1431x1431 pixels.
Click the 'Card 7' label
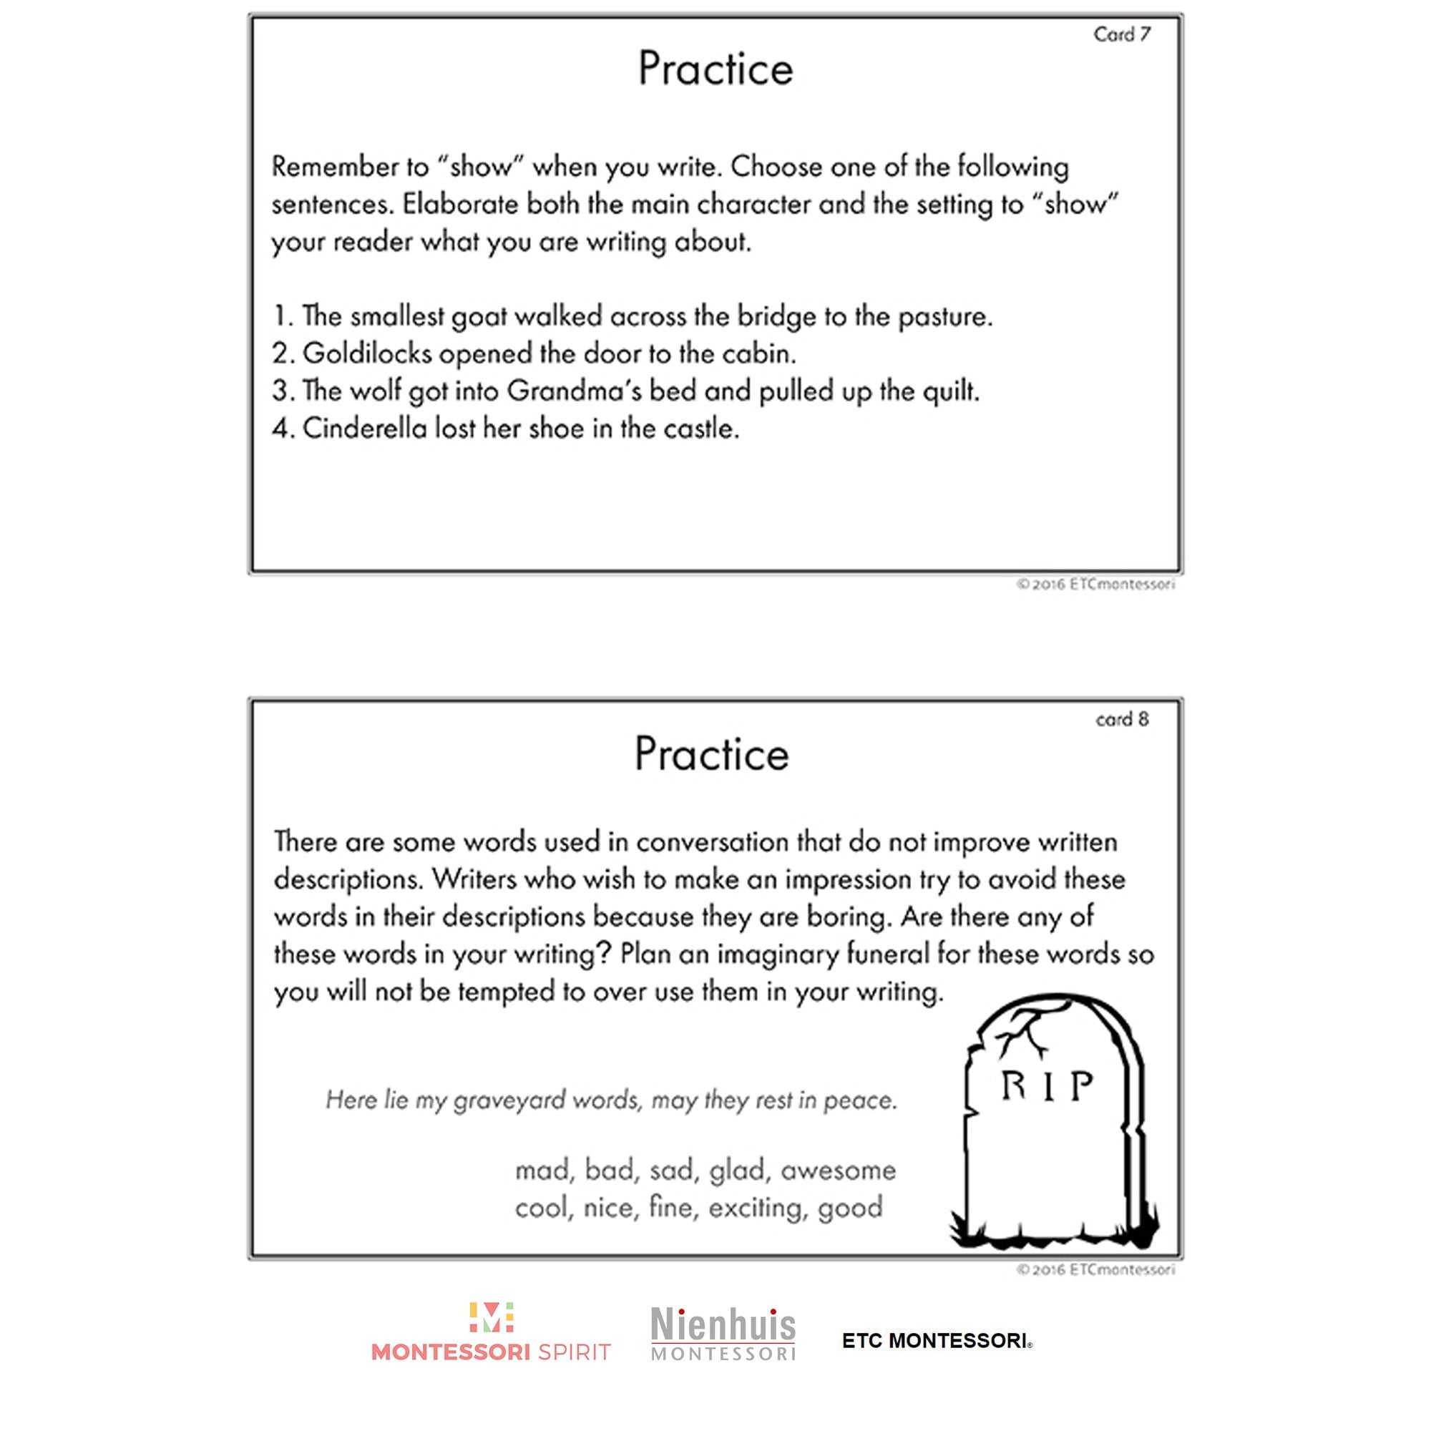click(x=1121, y=34)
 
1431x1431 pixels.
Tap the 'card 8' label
click(x=1122, y=719)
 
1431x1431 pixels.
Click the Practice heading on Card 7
click(x=715, y=69)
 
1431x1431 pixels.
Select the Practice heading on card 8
click(x=712, y=754)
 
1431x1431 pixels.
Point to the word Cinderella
click(x=364, y=428)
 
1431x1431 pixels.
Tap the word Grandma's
click(x=574, y=391)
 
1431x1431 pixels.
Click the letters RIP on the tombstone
click(x=1047, y=1087)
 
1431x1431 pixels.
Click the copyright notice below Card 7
click(x=1095, y=585)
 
